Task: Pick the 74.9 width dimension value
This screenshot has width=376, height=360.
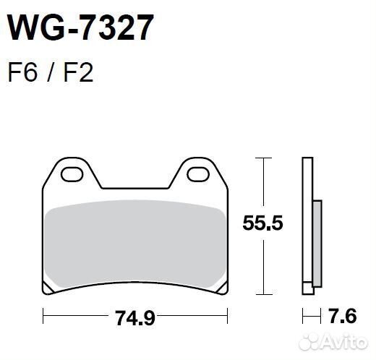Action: pyautogui.click(x=135, y=317)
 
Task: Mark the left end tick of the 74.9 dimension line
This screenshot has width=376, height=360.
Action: pyautogui.click(x=43, y=317)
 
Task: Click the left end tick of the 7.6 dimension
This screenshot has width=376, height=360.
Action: pyautogui.click(x=302, y=317)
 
